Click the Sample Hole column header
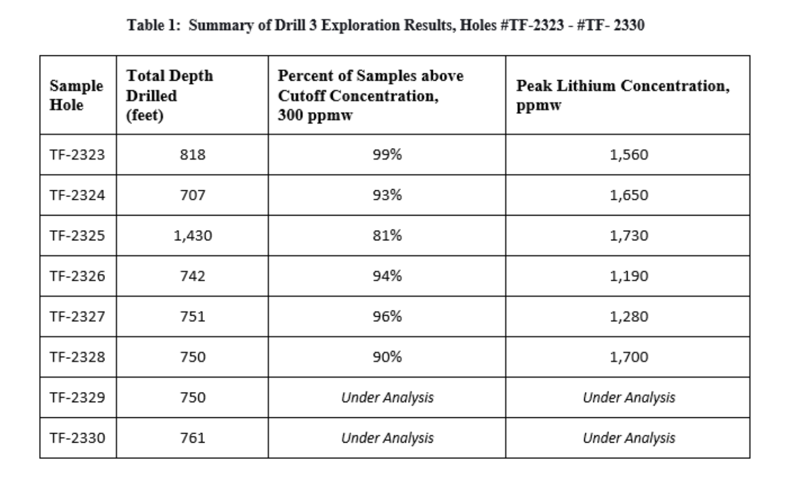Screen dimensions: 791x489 [76, 95]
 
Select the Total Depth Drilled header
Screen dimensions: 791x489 [169, 95]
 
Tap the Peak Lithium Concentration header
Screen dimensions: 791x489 [623, 95]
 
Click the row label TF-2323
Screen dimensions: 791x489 [78, 155]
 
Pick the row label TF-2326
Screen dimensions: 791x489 [78, 276]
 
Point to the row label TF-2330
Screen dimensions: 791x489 [78, 438]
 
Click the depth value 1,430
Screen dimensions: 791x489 [193, 236]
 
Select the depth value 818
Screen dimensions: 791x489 [193, 155]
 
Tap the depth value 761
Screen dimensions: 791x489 [193, 438]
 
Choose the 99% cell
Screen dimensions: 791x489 [387, 155]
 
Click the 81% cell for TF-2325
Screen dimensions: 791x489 [387, 236]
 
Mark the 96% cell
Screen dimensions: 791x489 [387, 317]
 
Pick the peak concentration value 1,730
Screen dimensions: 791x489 [629, 236]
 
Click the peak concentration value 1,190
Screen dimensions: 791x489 [629, 276]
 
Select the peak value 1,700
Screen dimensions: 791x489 [629, 357]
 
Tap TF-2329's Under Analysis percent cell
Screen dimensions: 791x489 [387, 398]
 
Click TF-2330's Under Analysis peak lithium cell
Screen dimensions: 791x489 [629, 438]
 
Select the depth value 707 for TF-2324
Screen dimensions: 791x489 [193, 195]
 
